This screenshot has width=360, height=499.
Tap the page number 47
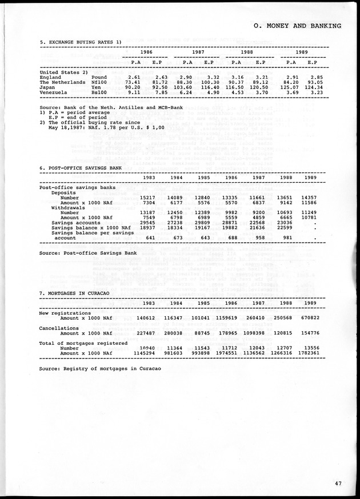coord(339,484)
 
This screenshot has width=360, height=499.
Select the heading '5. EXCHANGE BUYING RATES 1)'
coord(81,42)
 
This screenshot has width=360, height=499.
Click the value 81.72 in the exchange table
coord(157,82)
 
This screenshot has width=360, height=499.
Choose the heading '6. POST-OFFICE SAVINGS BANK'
coord(81,168)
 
